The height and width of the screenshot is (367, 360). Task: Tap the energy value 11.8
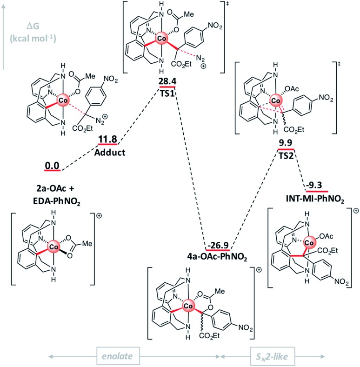tap(108, 139)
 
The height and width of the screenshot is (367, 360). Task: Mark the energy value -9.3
tap(316, 185)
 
